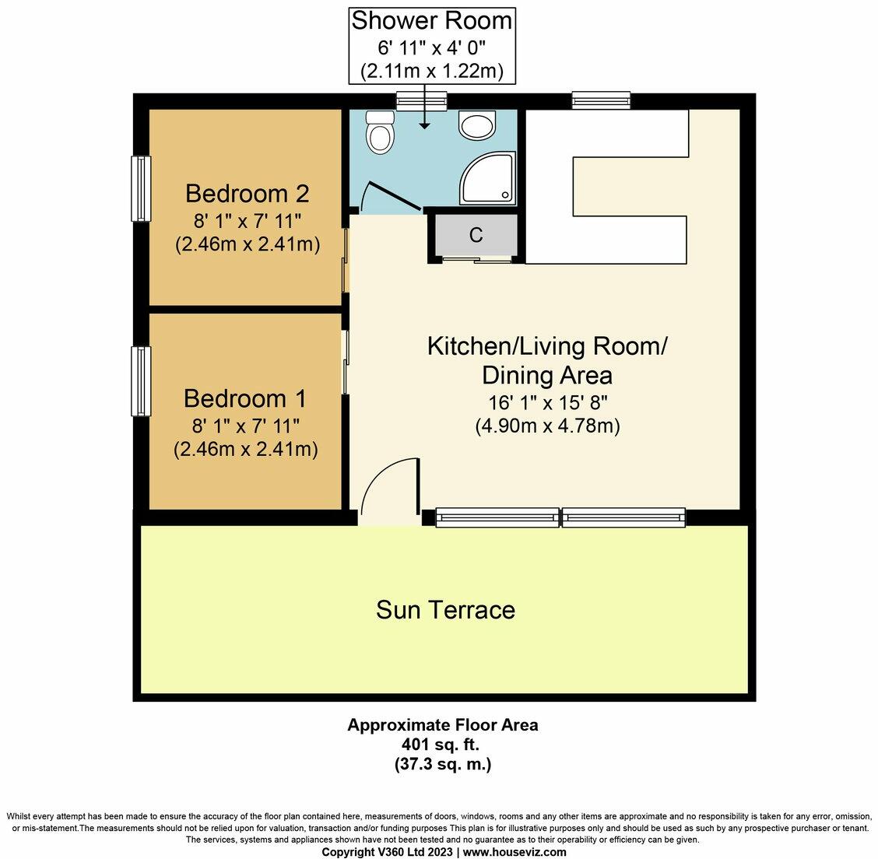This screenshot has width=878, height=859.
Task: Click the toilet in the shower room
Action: point(381,133)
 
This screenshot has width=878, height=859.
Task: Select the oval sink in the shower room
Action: point(476,125)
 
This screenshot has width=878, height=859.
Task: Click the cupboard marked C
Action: point(476,234)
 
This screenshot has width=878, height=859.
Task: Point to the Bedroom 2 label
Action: point(247,192)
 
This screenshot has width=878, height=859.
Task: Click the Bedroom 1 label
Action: point(244,398)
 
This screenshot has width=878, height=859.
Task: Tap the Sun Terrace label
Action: point(445,609)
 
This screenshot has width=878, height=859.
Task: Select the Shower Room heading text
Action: point(432,20)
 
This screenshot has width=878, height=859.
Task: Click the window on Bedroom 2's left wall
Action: point(140,188)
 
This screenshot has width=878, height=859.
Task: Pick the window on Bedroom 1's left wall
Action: point(140,380)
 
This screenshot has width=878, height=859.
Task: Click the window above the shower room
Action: point(422,100)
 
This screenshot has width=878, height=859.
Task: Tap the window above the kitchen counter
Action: point(600,100)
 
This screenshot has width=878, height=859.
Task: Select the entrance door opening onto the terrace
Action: point(389,490)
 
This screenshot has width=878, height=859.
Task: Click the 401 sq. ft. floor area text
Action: point(442,745)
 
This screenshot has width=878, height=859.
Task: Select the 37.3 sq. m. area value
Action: point(442,764)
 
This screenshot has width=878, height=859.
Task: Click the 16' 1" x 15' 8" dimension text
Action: point(547,403)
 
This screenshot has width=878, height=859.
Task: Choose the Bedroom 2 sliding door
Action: point(346,261)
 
